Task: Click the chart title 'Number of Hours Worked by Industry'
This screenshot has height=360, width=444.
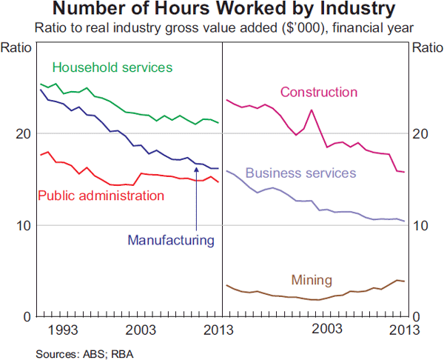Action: pyautogui.click(x=222, y=10)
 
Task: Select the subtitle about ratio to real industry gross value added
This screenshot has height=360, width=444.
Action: pyautogui.click(x=222, y=28)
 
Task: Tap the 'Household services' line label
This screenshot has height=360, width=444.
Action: pyautogui.click(x=112, y=67)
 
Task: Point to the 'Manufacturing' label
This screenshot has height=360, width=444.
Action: pyautogui.click(x=171, y=240)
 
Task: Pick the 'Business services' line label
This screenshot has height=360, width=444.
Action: pyautogui.click(x=300, y=173)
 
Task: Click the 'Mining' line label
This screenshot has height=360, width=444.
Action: pyautogui.click(x=312, y=280)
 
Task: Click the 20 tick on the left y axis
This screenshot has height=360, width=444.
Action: pyautogui.click(x=24, y=133)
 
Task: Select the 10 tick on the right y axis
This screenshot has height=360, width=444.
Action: pyautogui.click(x=420, y=225)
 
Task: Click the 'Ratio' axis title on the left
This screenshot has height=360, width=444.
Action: pyautogui.click(x=16, y=48)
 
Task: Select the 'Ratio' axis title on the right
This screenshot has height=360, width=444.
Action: pyautogui.click(x=427, y=48)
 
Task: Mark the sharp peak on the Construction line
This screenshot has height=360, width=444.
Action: pyautogui.click(x=312, y=110)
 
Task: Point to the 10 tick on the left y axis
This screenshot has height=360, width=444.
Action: pyautogui.click(x=24, y=225)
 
